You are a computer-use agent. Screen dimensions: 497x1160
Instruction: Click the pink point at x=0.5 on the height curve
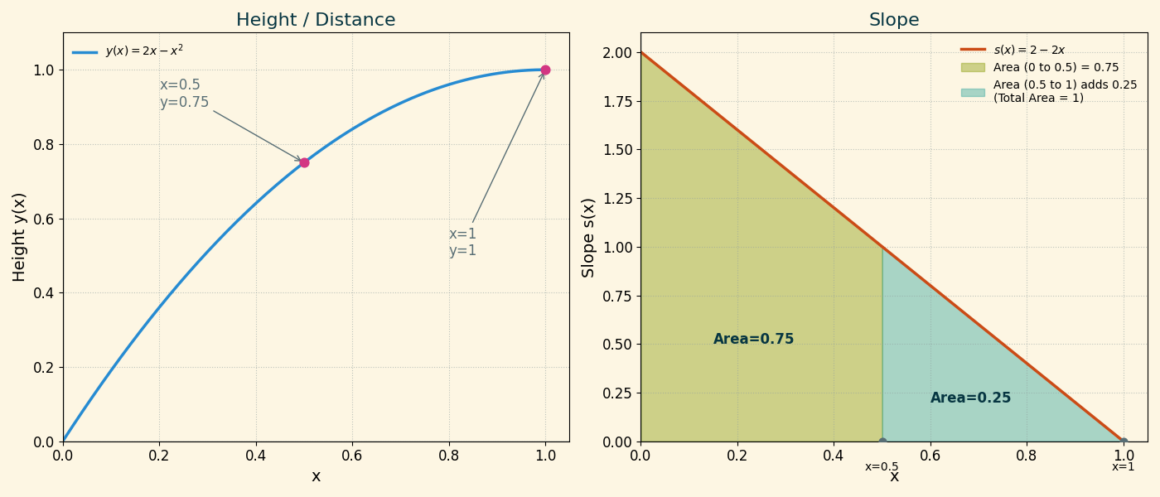click(x=304, y=162)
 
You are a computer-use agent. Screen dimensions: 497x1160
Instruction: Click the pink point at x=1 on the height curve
click(x=545, y=70)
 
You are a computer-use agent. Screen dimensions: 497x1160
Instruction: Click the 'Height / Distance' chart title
click(x=316, y=20)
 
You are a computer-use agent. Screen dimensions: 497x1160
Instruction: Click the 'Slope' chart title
click(x=894, y=20)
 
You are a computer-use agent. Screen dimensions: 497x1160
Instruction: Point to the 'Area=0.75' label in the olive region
click(x=753, y=340)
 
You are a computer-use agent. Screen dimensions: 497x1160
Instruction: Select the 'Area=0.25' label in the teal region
click(x=970, y=398)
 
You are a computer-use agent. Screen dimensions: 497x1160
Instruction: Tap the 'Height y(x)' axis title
click(x=20, y=237)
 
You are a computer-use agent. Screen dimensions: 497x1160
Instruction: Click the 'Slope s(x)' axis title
click(x=588, y=237)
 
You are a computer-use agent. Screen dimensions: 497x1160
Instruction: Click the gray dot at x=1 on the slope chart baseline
click(x=1124, y=442)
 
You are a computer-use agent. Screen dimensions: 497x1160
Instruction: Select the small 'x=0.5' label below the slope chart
click(x=882, y=467)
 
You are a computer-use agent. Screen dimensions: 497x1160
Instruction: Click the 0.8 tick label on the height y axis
click(x=43, y=144)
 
